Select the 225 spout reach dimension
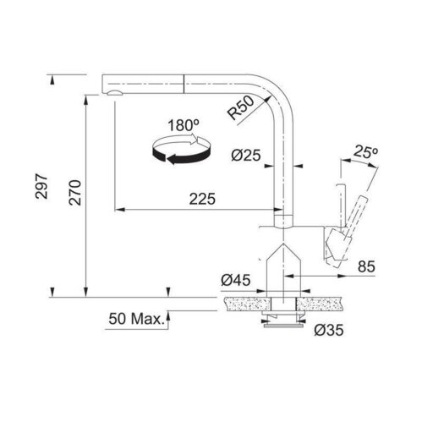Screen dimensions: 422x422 pyautogui.click(x=200, y=199)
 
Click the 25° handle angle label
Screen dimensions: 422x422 pyautogui.click(x=365, y=152)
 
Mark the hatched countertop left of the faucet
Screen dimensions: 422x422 pyautogui.click(x=241, y=301)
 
